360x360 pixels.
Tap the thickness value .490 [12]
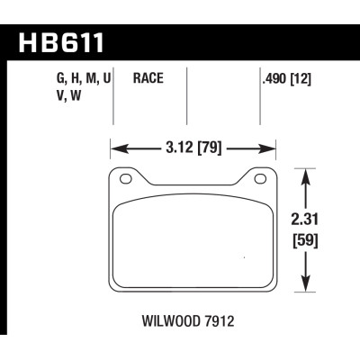tap(287, 79)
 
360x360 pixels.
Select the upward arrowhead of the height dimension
tap(308, 172)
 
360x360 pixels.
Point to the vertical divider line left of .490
tap(259, 99)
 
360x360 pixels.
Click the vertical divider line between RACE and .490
tap(185, 99)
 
